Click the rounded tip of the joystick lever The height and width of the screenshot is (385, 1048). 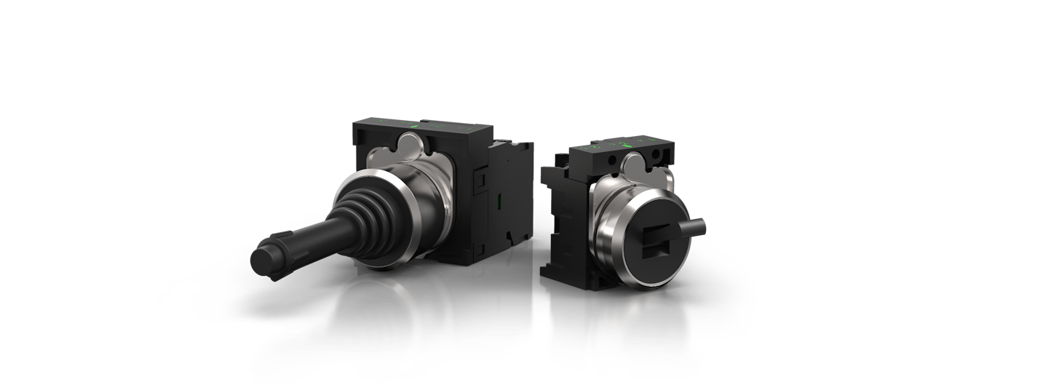pos(263,259)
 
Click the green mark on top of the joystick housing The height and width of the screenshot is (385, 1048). pos(414,126)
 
